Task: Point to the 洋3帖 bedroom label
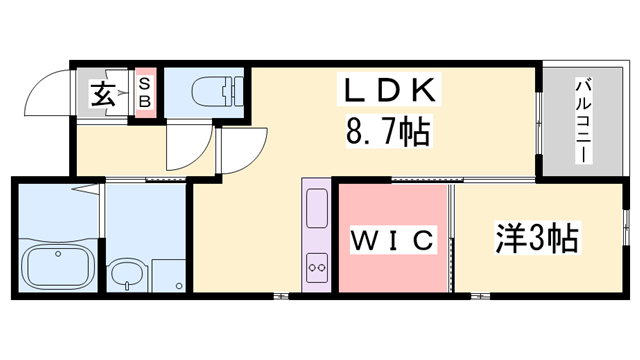pos(536,239)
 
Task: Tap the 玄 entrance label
pos(102,96)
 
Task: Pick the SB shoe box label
pos(145,94)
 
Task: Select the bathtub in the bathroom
pos(57,267)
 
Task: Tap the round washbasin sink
pos(126,273)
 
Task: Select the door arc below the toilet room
pos(187,148)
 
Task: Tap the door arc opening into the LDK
pos(239,147)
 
